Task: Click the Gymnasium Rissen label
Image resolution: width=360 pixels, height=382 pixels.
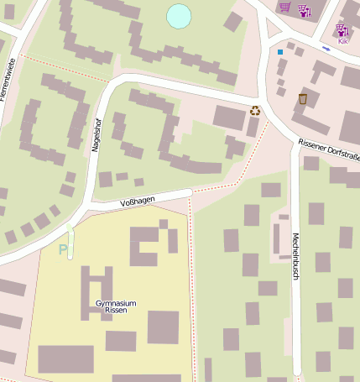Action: [116, 306]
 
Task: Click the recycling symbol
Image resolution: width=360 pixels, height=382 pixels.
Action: [254, 111]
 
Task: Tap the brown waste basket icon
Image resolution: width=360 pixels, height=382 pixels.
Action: [302, 99]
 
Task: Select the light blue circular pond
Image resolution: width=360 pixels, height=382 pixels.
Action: [179, 16]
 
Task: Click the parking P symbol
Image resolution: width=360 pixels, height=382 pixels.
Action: [62, 249]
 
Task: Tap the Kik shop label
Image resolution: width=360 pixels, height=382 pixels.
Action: [342, 40]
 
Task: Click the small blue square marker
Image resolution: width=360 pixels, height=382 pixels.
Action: [280, 52]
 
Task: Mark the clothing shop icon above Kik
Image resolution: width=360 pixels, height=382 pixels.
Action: [342, 30]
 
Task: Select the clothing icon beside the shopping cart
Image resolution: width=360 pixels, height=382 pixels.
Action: [304, 10]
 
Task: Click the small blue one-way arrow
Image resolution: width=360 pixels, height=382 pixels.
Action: [326, 49]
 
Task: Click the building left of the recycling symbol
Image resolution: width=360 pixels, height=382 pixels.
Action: [228, 117]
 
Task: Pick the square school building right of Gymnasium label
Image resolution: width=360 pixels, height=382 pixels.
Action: [163, 327]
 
